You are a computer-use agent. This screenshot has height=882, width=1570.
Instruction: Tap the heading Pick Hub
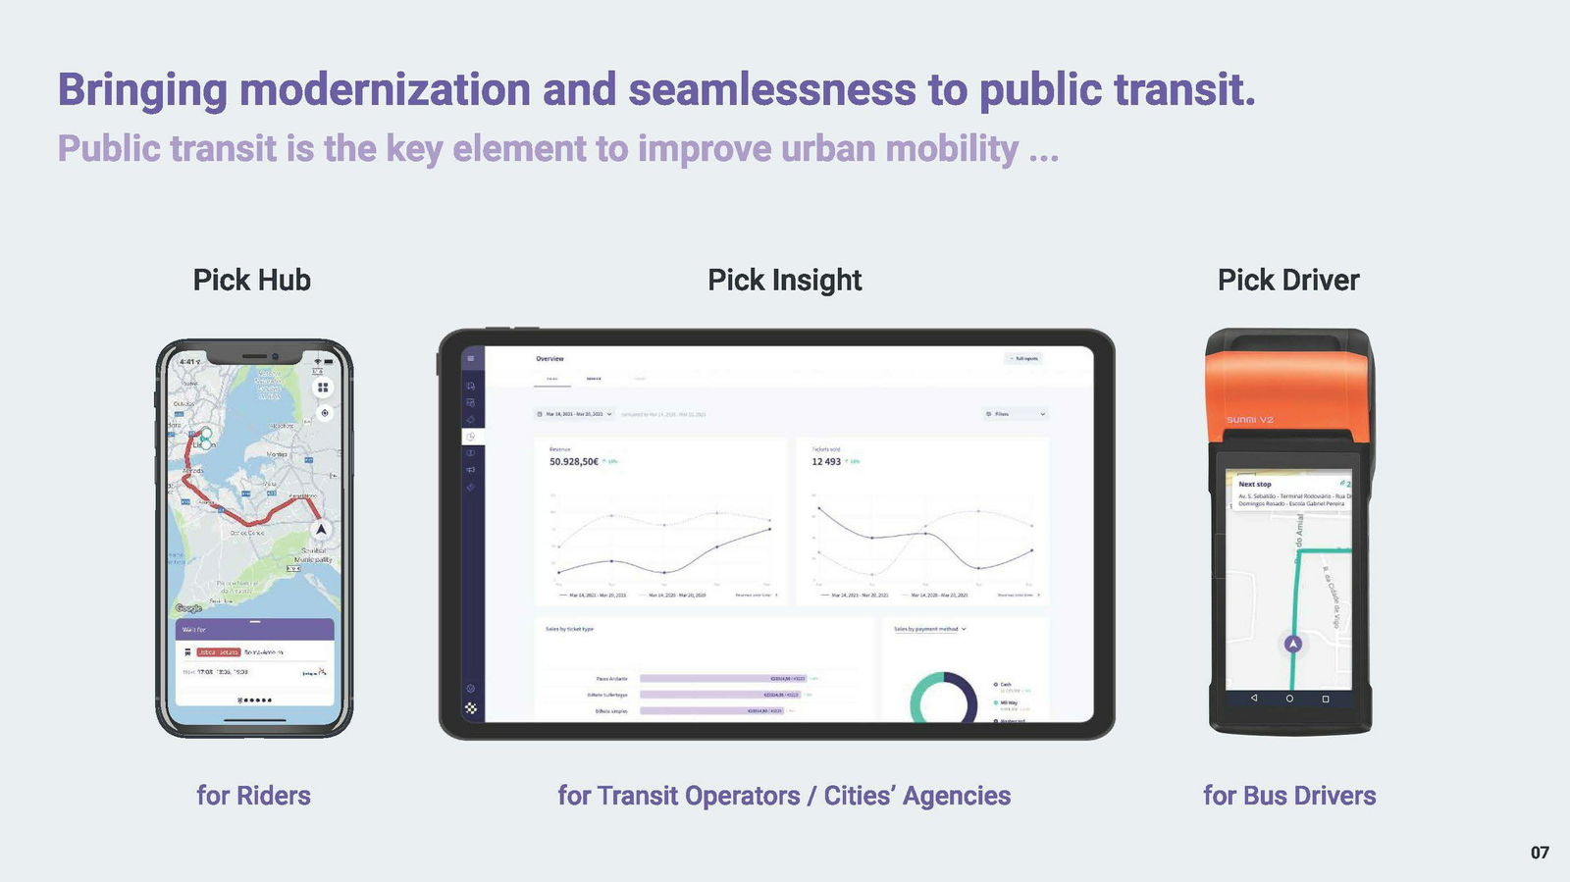(251, 281)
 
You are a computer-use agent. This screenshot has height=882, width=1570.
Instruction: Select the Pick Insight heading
(784, 281)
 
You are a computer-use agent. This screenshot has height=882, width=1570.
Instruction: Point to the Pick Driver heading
(1287, 281)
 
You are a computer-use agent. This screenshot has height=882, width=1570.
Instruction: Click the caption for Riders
(253, 796)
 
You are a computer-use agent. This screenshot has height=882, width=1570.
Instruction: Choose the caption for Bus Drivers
(1288, 796)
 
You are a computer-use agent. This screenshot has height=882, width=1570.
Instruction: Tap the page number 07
(1540, 853)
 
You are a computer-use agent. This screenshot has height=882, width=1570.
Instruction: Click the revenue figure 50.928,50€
(574, 461)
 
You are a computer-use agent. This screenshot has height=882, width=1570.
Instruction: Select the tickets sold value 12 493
(826, 461)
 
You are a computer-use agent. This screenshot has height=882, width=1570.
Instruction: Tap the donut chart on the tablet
(943, 700)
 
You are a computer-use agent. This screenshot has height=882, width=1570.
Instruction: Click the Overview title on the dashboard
(549, 359)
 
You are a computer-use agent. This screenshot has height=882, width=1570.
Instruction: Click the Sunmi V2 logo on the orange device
(1249, 420)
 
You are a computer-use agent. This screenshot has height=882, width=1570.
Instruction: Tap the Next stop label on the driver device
(1254, 484)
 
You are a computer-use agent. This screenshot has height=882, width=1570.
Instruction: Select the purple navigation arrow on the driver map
(1293, 645)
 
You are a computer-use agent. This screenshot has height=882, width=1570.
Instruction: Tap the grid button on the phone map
(323, 388)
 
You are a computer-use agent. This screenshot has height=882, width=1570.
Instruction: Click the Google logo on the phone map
(188, 608)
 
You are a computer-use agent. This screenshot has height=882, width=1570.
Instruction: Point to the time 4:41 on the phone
(187, 362)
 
